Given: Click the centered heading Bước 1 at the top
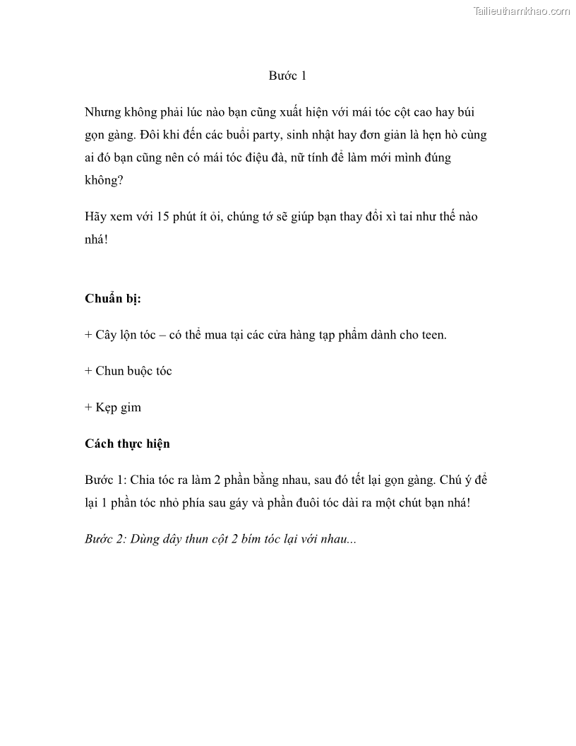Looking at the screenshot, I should (x=287, y=76).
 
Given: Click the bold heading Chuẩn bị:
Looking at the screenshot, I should (x=113, y=298).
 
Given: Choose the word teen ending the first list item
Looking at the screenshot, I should (x=432, y=334).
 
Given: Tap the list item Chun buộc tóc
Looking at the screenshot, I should (x=133, y=371).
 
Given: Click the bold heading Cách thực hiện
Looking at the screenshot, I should (x=127, y=444).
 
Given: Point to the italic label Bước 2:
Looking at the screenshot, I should (x=105, y=539).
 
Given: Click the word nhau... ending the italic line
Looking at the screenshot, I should (x=337, y=539).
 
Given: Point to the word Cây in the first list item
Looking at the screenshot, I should (x=107, y=334).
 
